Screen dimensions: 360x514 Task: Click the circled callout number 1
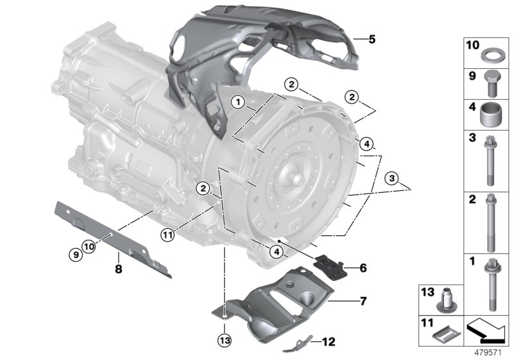[238, 102]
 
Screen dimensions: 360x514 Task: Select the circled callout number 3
[391, 177]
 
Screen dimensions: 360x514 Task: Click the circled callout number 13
[222, 339]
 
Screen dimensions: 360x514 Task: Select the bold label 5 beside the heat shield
[372, 39]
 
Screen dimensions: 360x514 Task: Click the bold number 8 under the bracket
[118, 265]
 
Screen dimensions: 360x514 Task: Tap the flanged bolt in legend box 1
[491, 283]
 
